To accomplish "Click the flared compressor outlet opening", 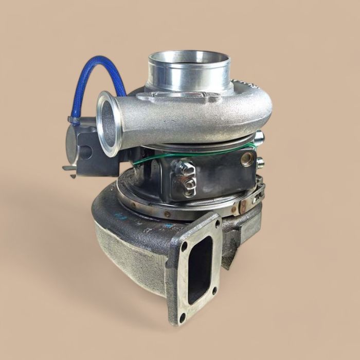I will [x=109, y=123].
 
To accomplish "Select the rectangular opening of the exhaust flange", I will [x=200, y=269].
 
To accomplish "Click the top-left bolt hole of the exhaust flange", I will [x=184, y=246].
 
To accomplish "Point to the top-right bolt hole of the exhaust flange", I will [x=217, y=224].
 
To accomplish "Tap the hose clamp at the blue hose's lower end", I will [x=74, y=121].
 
